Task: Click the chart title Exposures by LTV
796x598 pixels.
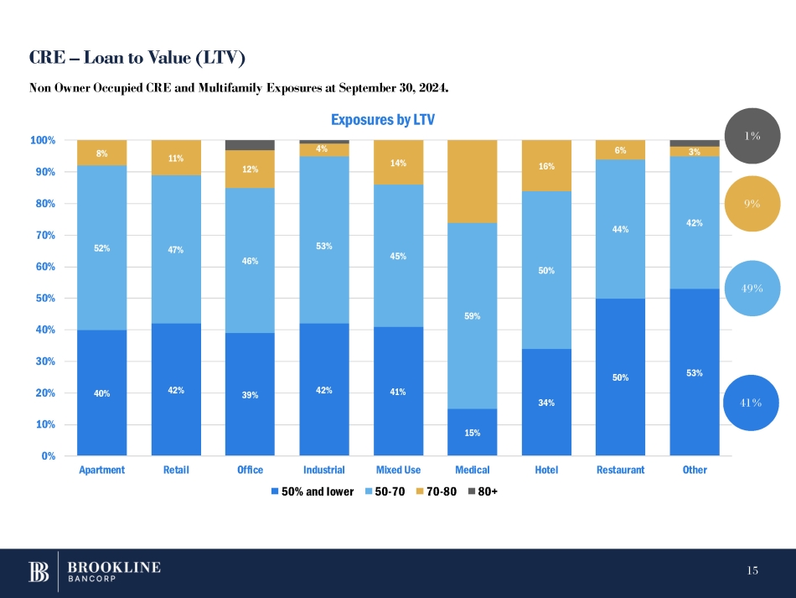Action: tap(383, 120)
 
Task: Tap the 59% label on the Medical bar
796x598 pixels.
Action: tap(472, 316)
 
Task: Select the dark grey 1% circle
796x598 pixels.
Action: tap(752, 136)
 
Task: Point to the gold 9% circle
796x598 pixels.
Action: tap(752, 203)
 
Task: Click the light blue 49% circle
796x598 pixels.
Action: tap(752, 288)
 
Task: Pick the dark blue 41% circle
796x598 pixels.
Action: tap(751, 403)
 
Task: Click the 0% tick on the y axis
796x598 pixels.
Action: tap(48, 456)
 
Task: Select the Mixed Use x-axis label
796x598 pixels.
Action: tap(398, 470)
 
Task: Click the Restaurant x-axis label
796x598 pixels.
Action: tap(620, 470)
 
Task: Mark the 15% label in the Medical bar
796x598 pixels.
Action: tap(472, 433)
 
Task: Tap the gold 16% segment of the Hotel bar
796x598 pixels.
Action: tap(546, 166)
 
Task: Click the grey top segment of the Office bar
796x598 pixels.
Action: tap(250, 145)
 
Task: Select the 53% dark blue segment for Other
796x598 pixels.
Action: tap(695, 372)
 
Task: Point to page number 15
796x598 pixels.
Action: tap(752, 571)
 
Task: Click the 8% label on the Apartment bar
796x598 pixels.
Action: tap(101, 153)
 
